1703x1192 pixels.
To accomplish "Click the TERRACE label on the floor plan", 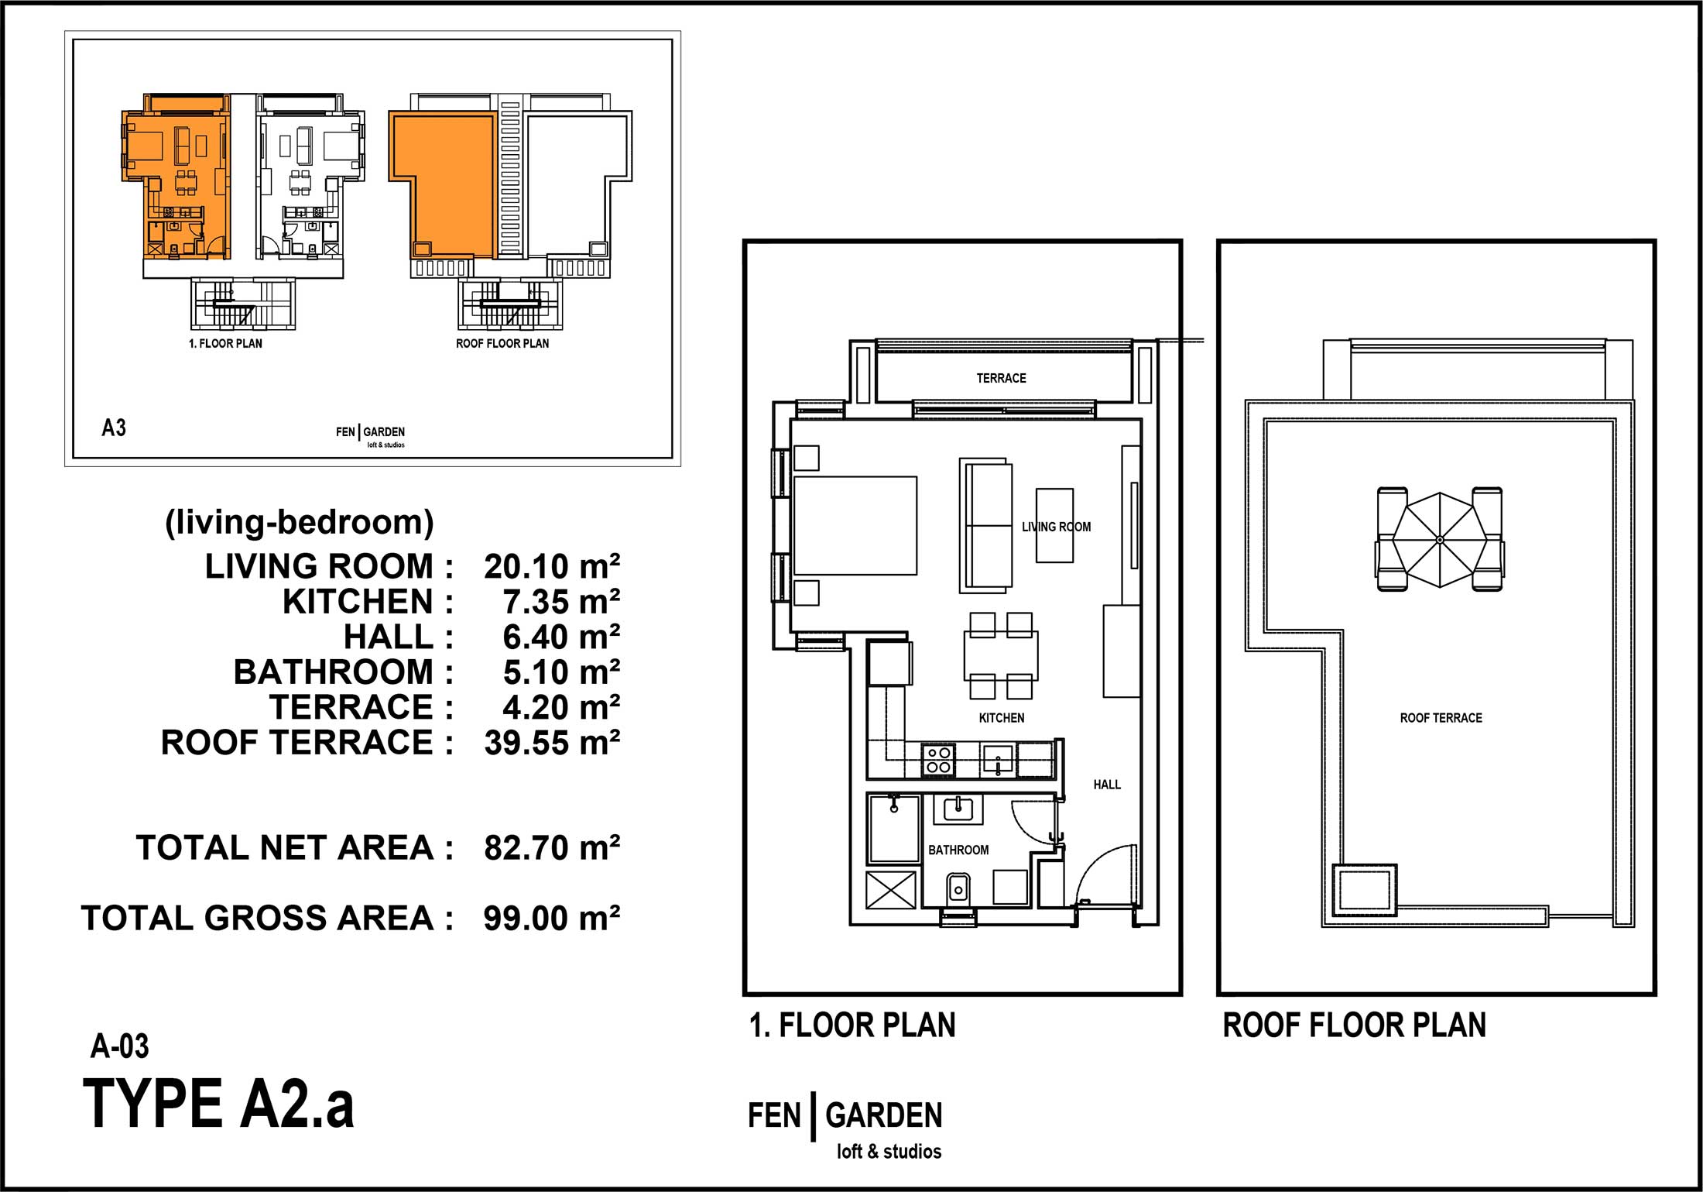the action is point(1001,378).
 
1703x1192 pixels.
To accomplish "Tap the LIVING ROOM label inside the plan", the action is point(1056,527).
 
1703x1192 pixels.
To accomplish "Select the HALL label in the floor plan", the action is point(1107,785).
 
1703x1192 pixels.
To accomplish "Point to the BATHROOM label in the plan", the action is point(958,850).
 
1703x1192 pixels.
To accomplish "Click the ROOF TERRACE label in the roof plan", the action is point(1441,718).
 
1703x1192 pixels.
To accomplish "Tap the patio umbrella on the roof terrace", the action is point(1440,539).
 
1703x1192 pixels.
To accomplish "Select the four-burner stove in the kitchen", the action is point(938,759).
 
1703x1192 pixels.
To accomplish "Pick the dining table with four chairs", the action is point(1001,656).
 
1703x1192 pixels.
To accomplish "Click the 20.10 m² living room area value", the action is point(552,567).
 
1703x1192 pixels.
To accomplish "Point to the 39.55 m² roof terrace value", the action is point(552,743).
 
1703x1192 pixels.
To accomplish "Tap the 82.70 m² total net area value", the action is point(552,848).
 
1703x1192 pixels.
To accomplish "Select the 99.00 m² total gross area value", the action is point(552,919).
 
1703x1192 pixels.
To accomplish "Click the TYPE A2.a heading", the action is point(218,1104).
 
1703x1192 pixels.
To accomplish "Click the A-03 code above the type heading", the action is point(119,1046).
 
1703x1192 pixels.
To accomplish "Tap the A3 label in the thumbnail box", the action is point(114,428).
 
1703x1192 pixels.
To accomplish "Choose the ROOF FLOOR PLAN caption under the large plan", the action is point(1354,1025).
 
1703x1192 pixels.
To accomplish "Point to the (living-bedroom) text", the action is point(299,523).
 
